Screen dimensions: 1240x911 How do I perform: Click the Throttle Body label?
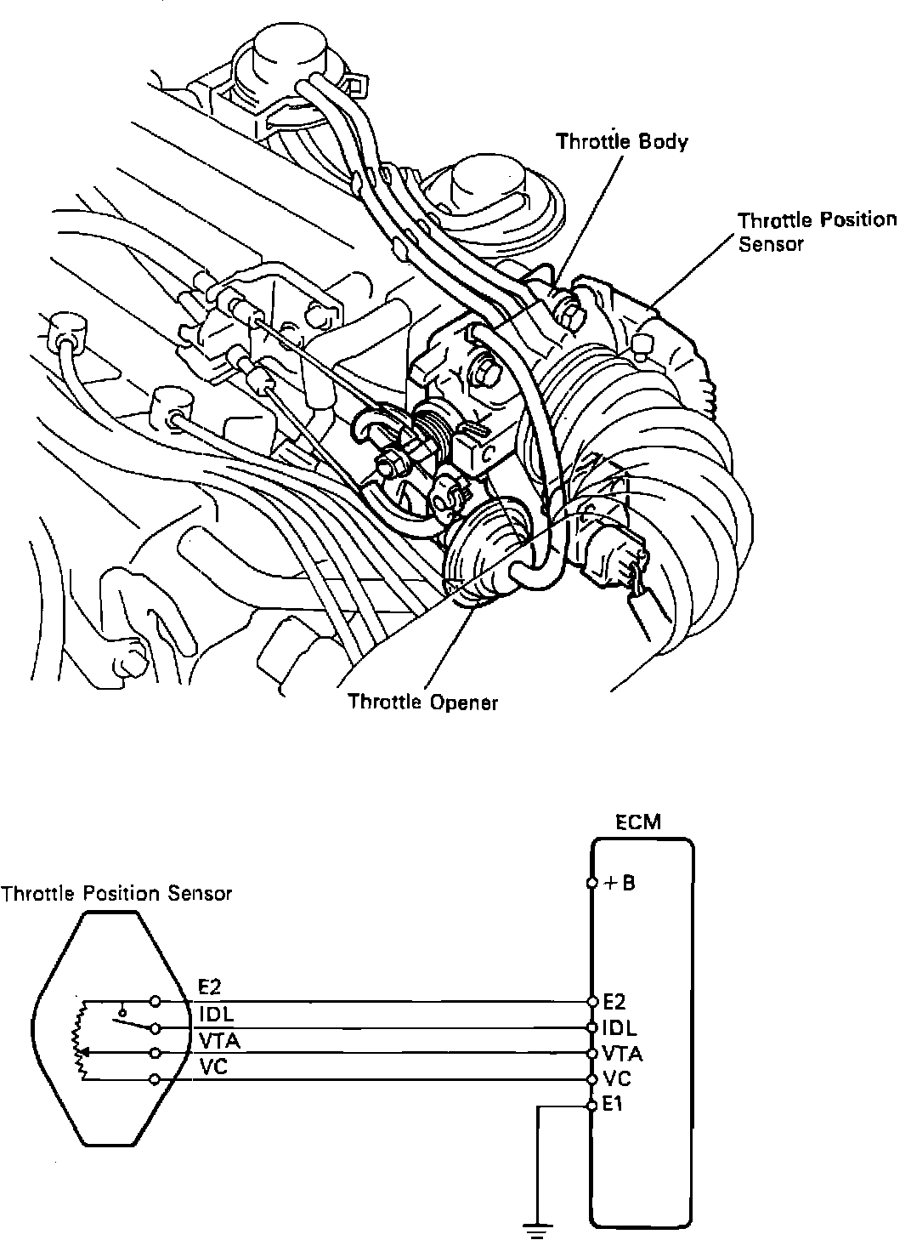pos(621,141)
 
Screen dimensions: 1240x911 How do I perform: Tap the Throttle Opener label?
pos(422,702)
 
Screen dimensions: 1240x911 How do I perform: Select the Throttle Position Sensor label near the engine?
pos(816,231)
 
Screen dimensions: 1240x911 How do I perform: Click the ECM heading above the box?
pos(637,822)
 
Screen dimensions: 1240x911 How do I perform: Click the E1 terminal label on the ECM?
pos(613,1106)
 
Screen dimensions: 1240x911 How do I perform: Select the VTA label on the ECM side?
pos(622,1055)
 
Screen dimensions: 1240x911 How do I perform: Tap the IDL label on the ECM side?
pos(619,1028)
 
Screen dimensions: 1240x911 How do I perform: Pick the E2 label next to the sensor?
pos(210,987)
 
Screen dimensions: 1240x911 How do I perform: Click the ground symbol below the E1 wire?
pos(536,1227)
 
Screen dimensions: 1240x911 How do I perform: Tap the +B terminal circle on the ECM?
pos(591,884)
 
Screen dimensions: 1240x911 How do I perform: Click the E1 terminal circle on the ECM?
pos(591,1106)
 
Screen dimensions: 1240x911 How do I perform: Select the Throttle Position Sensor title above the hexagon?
pos(116,894)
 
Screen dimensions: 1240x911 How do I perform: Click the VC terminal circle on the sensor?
pos(155,1080)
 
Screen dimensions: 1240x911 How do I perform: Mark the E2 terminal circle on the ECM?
pos(591,1001)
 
